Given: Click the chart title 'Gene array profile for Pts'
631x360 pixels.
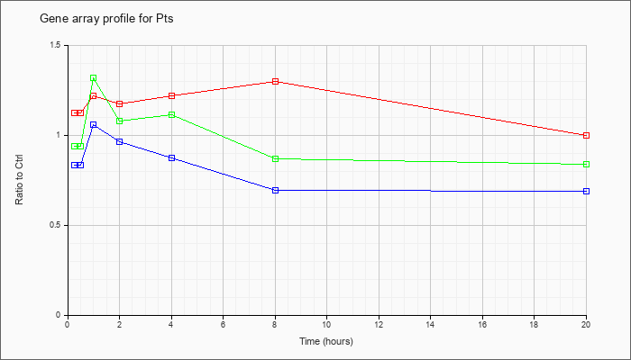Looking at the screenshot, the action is (106, 19).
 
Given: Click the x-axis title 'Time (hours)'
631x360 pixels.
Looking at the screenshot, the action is (326, 341).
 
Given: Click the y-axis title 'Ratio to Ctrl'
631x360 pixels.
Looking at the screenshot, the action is (19, 179).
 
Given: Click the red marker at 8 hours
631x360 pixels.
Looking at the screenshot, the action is (275, 82).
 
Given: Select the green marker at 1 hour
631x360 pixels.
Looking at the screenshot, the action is (94, 78).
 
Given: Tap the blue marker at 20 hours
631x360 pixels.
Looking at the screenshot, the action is (586, 191).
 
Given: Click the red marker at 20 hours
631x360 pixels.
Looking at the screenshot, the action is (586, 135).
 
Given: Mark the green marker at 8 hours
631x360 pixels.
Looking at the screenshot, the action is (275, 159).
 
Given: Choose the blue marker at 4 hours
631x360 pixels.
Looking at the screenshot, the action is (172, 157).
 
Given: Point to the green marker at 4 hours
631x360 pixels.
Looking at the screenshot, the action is (172, 115).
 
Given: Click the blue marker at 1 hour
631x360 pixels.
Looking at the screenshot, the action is (94, 125).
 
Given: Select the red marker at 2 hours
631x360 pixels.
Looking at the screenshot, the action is (120, 104).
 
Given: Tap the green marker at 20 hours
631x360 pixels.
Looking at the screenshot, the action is (586, 165).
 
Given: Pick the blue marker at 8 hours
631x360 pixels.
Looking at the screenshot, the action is (275, 191).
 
